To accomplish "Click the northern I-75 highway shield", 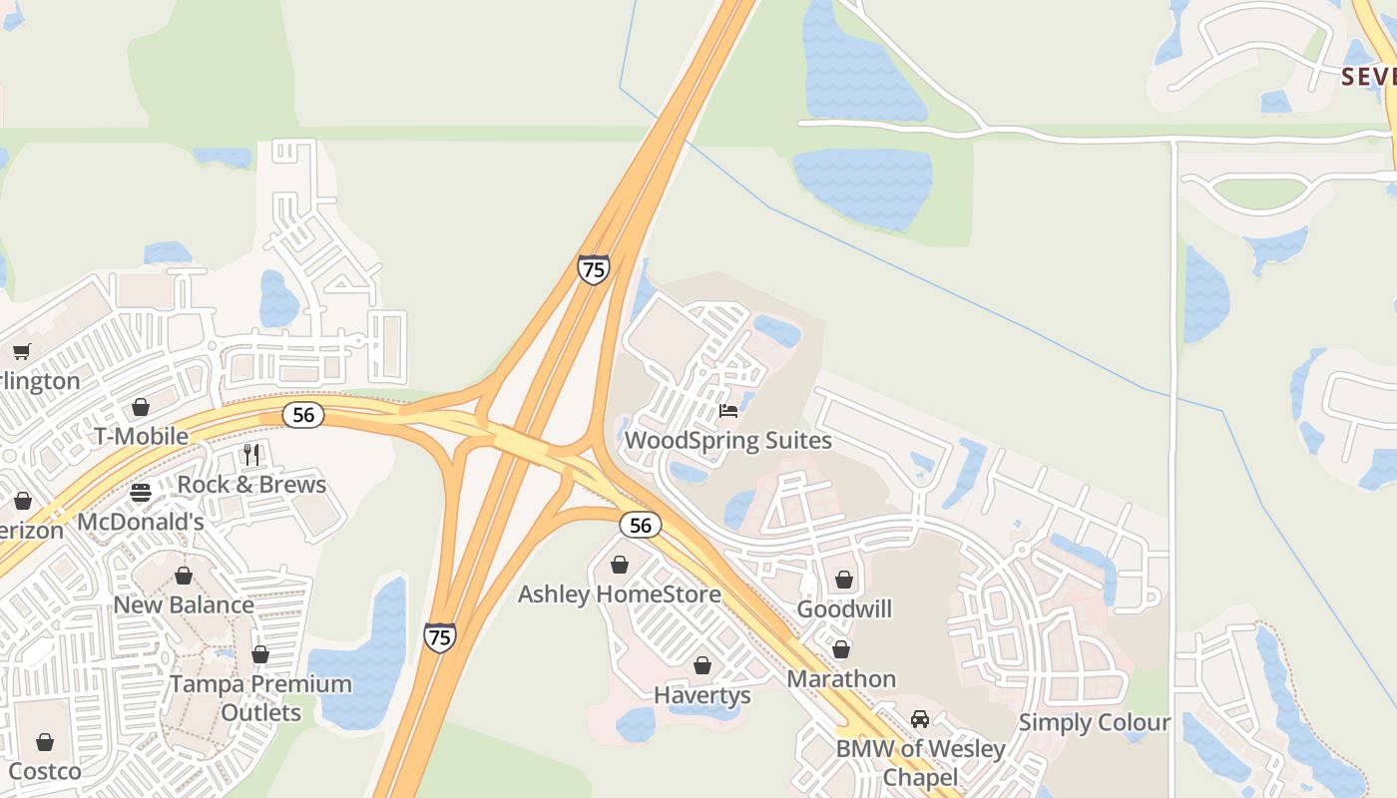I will (x=593, y=269).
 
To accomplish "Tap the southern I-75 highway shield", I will (x=439, y=636).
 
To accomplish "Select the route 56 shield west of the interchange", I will (x=302, y=415).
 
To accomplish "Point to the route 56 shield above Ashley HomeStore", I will (x=640, y=525).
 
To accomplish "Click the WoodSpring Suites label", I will (x=727, y=440).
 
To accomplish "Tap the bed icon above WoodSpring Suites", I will (x=728, y=411).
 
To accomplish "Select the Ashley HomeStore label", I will (x=619, y=595).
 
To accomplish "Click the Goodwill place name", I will (x=844, y=608).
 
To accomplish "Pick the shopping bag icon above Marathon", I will (x=841, y=649).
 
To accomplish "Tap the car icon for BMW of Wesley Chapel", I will (x=919, y=719).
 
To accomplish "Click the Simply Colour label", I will (x=1094, y=722).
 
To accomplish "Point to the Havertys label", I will (x=701, y=695).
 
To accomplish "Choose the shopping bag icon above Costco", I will (x=44, y=742).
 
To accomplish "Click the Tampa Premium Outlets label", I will (x=260, y=698).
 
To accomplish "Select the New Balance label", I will (x=184, y=604).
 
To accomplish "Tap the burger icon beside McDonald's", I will (x=141, y=493).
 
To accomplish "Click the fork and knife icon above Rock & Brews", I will (x=251, y=455).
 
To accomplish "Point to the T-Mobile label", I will (x=141, y=436).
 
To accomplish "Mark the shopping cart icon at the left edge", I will (x=22, y=351).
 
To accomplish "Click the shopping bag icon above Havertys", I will (x=702, y=665).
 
